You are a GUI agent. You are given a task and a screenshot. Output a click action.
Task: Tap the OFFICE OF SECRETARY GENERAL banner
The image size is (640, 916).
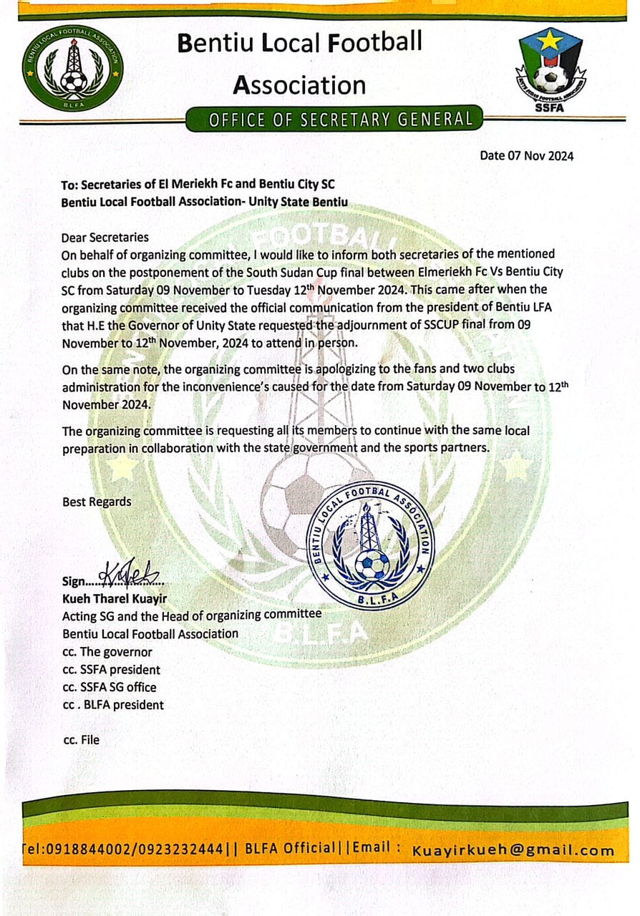[x=341, y=120]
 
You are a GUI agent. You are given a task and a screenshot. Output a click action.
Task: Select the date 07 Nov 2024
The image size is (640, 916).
[x=526, y=155]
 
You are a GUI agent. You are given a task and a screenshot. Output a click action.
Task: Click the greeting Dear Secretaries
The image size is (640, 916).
[x=105, y=237]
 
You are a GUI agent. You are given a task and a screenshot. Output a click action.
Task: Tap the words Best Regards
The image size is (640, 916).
[x=97, y=502]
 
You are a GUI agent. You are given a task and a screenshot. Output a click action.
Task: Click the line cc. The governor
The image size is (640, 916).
[x=107, y=652]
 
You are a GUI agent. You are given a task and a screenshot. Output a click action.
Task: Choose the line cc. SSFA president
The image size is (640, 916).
[x=112, y=670]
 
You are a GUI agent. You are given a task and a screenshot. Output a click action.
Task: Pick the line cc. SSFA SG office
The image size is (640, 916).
[x=110, y=687]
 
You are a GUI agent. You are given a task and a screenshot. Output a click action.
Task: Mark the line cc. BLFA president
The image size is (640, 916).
[x=113, y=705]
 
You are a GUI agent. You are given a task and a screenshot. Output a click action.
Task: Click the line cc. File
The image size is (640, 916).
[x=82, y=740]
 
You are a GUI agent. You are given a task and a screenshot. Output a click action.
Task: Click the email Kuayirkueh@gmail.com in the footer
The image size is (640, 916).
[x=513, y=850]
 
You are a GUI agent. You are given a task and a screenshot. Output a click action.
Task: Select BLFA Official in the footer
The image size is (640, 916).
[x=289, y=849]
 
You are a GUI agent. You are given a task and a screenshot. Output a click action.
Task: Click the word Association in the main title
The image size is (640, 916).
[x=299, y=85]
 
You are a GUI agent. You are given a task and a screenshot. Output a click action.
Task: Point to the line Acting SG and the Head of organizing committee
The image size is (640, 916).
[x=192, y=615]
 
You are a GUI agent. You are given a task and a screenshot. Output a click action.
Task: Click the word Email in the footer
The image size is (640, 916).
[x=371, y=848]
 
